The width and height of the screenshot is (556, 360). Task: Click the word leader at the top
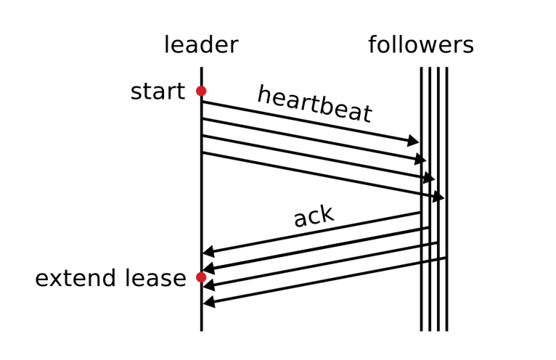pos(201,45)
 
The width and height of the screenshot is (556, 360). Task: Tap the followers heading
pos(420,45)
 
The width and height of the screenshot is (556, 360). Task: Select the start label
pos(158,92)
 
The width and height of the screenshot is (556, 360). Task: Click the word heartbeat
pos(314,104)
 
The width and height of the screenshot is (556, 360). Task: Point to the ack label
pos(314,216)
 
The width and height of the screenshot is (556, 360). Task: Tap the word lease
pos(155,278)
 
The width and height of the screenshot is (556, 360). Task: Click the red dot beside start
pos(201,91)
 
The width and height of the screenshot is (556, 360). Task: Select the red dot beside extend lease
pos(201,277)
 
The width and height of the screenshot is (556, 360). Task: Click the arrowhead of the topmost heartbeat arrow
pos(414,141)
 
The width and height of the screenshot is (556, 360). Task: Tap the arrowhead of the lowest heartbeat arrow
pos(438,197)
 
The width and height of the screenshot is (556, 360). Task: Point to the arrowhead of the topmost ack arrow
pos(208,253)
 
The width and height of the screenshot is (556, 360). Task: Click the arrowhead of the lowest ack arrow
pos(208,302)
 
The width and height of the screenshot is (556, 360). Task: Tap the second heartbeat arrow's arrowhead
pos(422,159)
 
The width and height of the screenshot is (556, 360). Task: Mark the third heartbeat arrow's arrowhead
pos(430,178)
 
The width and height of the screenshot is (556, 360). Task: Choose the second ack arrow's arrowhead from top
pos(208,269)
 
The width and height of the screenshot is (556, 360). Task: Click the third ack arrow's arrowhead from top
pos(208,286)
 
